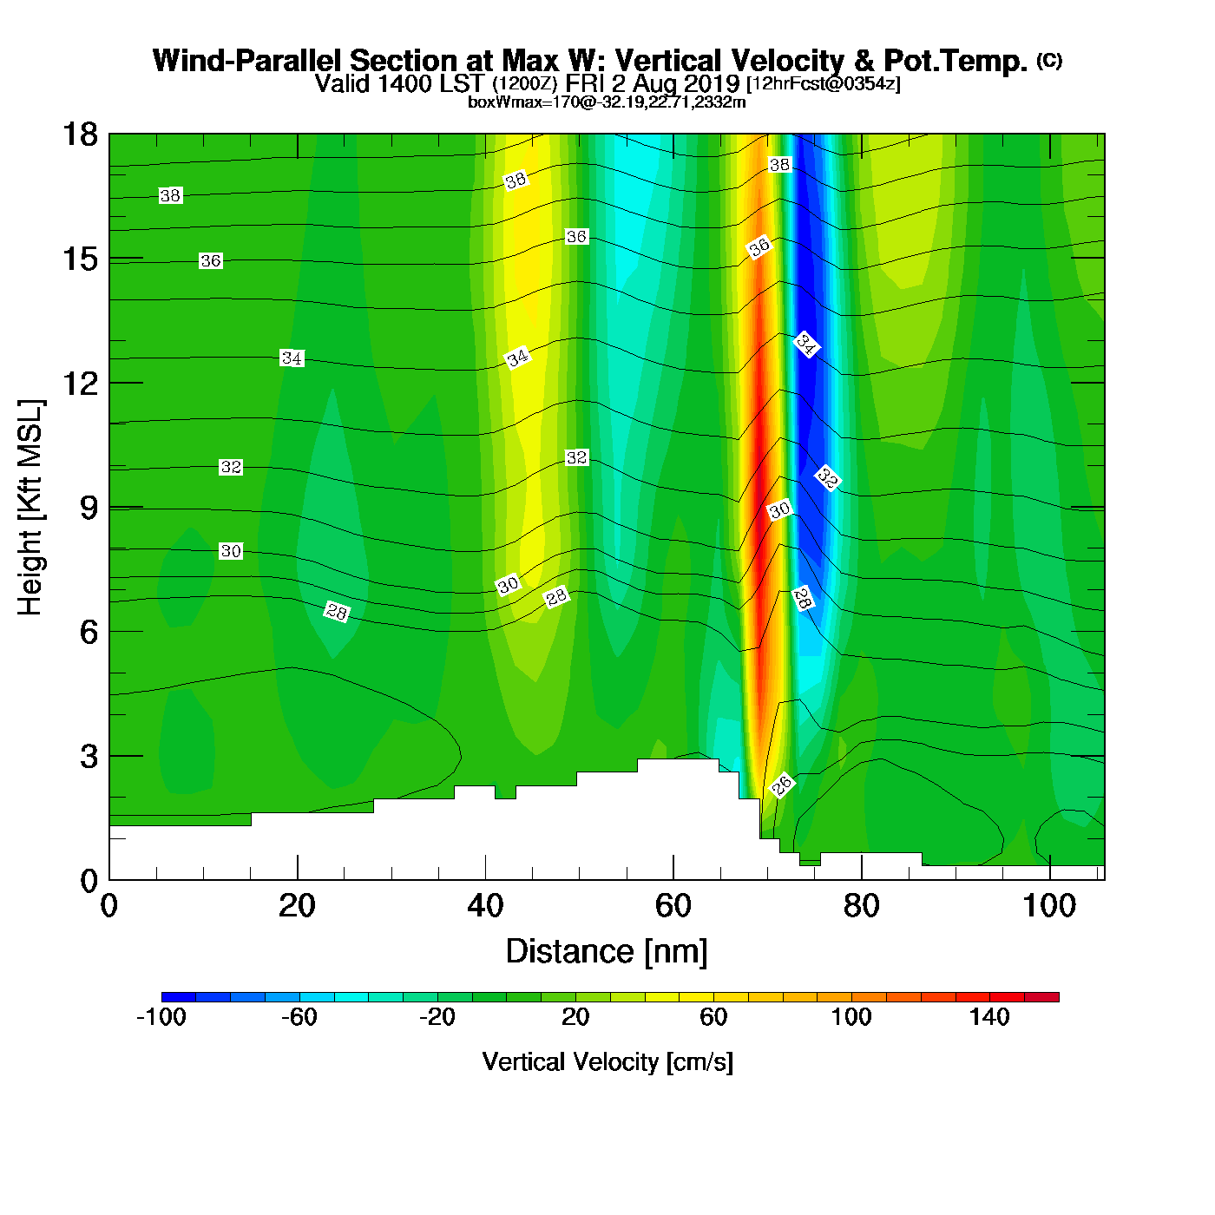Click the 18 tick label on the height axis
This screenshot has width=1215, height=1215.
pos(79,135)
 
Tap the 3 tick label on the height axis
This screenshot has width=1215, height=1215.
pos(89,756)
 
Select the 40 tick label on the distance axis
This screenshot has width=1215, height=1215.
pos(485,907)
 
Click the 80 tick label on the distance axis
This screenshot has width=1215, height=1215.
pos(861,907)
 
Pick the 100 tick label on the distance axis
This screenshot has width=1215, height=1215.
pos(1048,907)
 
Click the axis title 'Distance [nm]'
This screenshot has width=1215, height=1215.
pos(607,952)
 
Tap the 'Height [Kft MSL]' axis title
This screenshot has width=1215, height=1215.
pos(30,508)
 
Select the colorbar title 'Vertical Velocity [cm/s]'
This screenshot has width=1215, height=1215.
pos(607,1061)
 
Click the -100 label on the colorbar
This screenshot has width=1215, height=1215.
pos(161,1017)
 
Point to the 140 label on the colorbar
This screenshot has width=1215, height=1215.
pos(989,1017)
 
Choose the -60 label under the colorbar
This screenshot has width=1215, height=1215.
pos(299,1017)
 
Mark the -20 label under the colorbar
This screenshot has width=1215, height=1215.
pos(437,1017)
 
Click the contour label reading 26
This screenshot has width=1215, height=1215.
pos(782,785)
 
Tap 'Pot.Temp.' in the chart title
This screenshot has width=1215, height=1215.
pos(956,61)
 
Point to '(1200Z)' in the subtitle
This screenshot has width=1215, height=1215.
pos(525,84)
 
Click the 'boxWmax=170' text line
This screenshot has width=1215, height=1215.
pos(607,102)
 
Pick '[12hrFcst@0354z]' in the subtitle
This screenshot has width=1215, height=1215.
pos(824,84)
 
